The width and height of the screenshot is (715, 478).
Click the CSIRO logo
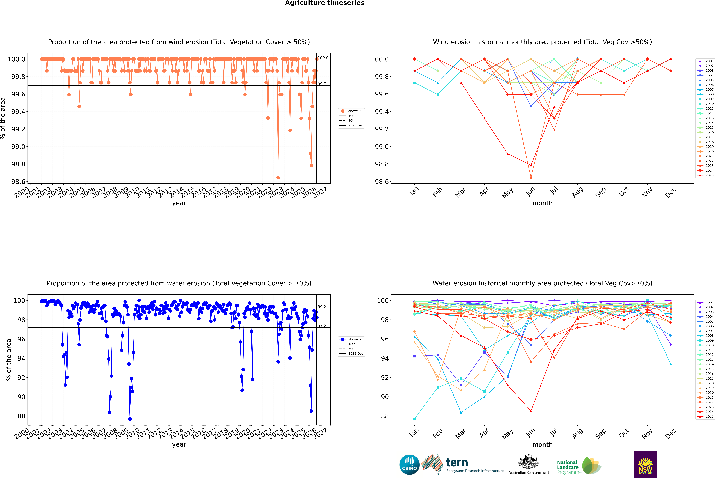click(x=409, y=465)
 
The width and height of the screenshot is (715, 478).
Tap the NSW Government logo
click(x=645, y=465)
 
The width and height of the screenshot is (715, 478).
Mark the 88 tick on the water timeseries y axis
click(x=21, y=416)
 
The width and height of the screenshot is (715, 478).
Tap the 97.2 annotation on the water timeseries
click(x=322, y=326)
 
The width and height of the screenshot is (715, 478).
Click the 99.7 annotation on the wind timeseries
click(x=322, y=84)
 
